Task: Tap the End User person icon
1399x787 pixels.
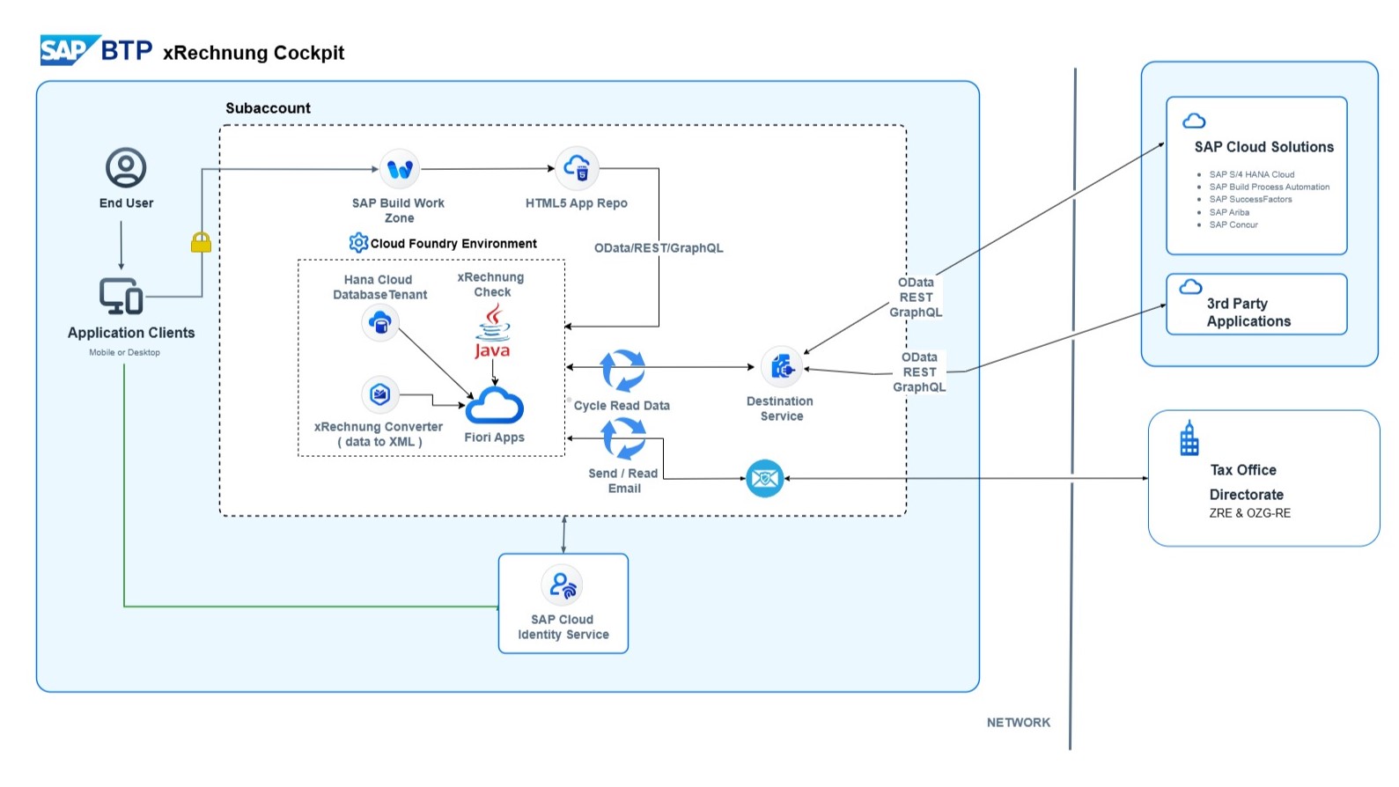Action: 126,167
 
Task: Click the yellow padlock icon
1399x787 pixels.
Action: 201,242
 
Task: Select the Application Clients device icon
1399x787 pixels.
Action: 121,297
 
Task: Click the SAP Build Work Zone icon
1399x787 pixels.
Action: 400,169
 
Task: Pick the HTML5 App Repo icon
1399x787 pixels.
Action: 577,167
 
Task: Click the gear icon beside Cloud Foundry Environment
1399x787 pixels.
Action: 358,242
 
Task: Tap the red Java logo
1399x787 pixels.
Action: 493,332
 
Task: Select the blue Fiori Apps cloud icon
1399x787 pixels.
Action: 494,406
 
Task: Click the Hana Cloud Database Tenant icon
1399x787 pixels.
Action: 380,324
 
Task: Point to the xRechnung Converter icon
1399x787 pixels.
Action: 380,394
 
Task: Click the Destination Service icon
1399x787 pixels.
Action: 781,368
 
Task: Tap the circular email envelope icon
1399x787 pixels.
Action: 764,479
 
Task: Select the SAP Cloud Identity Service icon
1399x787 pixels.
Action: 563,585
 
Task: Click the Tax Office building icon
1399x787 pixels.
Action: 1189,438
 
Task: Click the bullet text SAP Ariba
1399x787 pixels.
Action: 1229,212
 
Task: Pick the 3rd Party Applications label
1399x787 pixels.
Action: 1248,313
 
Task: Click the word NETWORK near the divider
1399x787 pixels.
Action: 1018,722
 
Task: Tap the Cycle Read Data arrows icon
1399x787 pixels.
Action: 622,370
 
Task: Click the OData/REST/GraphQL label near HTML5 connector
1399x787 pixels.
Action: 659,248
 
